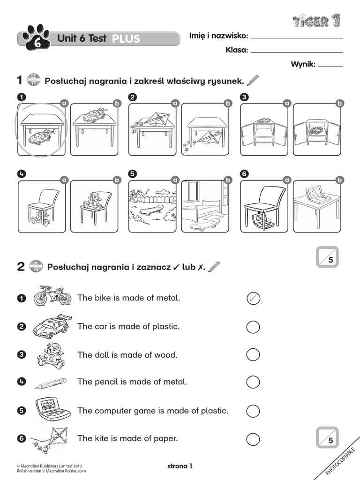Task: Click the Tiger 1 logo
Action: coord(317,21)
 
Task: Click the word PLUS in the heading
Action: coord(126,39)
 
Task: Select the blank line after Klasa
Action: coord(297,52)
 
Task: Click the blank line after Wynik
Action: coord(330,66)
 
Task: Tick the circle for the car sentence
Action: coord(253,327)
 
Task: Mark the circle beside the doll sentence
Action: coord(253,355)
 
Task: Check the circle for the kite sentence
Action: coord(253,439)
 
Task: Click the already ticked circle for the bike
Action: coord(253,298)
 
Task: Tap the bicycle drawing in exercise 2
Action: coord(52,296)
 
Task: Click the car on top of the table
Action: coord(94,115)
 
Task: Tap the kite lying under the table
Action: coord(206,138)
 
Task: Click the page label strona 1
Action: coord(180,466)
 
